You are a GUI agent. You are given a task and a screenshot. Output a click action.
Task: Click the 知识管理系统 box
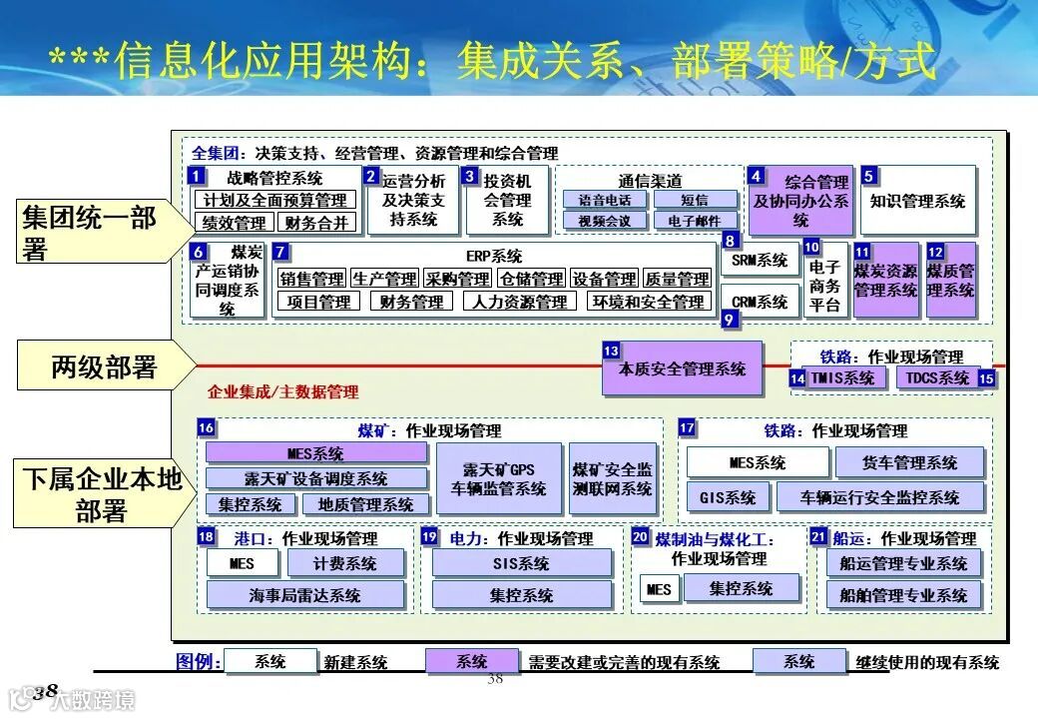918,201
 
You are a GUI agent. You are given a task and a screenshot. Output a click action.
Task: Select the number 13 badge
611,352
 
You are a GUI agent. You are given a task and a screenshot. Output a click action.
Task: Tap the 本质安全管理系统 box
683,369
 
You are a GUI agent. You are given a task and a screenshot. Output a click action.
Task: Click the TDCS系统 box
936,377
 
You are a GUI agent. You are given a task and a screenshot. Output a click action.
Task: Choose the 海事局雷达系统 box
305,595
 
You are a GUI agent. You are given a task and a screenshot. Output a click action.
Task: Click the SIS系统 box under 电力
521,563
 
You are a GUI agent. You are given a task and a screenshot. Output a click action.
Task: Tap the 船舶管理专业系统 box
903,595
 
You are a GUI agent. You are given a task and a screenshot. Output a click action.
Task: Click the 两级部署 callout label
104,367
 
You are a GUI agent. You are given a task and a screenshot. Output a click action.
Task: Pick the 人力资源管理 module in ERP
520,302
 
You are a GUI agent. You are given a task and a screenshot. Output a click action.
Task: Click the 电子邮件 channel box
696,221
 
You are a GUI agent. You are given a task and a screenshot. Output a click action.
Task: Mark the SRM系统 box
761,261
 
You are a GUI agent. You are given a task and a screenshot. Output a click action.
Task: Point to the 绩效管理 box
235,223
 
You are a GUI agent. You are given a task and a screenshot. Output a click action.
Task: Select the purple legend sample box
472,661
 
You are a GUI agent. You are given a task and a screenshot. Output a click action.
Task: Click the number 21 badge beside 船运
818,536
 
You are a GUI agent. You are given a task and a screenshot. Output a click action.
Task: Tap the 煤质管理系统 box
950,281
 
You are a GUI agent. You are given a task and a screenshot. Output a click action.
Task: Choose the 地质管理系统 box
358,504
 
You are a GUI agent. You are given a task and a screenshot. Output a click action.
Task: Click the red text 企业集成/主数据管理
282,391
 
